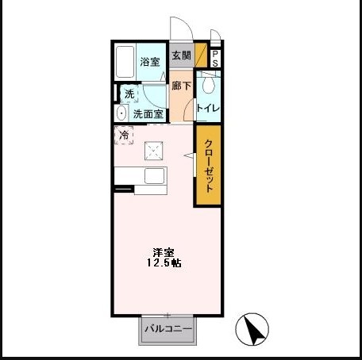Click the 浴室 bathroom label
[x=148, y=62]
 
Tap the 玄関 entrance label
[x=182, y=56]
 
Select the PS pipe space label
[x=214, y=58]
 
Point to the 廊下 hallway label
[x=182, y=86]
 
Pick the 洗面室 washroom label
[x=148, y=113]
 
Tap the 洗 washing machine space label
[x=129, y=94]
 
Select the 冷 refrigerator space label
[x=124, y=136]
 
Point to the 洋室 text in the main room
[x=164, y=252]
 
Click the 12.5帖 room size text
[x=164, y=263]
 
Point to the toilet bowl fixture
[x=208, y=84]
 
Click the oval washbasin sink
[x=121, y=113]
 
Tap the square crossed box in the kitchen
[x=154, y=151]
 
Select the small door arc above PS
[x=214, y=37]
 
